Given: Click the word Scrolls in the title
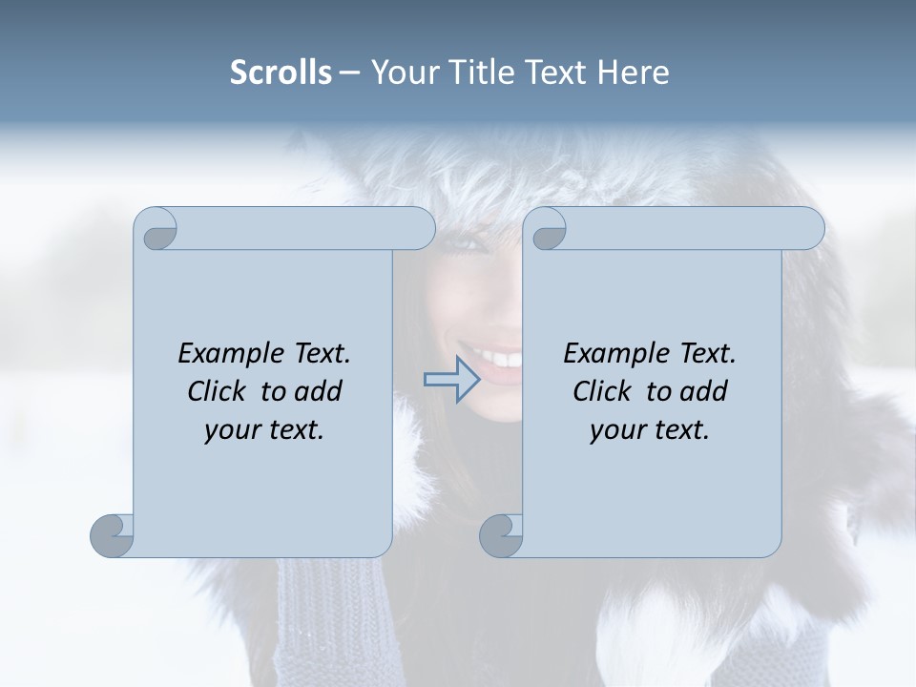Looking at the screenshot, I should (x=281, y=73).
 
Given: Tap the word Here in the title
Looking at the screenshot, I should (x=633, y=73).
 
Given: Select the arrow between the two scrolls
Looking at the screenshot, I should (x=452, y=380).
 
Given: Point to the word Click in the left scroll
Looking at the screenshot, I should (x=219, y=391).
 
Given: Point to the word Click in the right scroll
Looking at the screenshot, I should (x=604, y=391).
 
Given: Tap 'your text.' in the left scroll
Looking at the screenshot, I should (x=264, y=429).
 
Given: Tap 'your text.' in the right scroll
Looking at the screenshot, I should (x=650, y=429).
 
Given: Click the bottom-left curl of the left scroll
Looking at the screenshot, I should (x=113, y=535).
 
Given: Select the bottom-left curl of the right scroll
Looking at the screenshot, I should (x=501, y=535).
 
